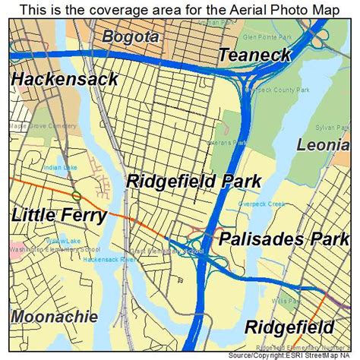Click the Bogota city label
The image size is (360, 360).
130,36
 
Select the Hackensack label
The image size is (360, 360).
65,78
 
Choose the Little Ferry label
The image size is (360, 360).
58,216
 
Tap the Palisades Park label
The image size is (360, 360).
285,239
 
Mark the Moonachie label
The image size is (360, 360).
54,315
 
